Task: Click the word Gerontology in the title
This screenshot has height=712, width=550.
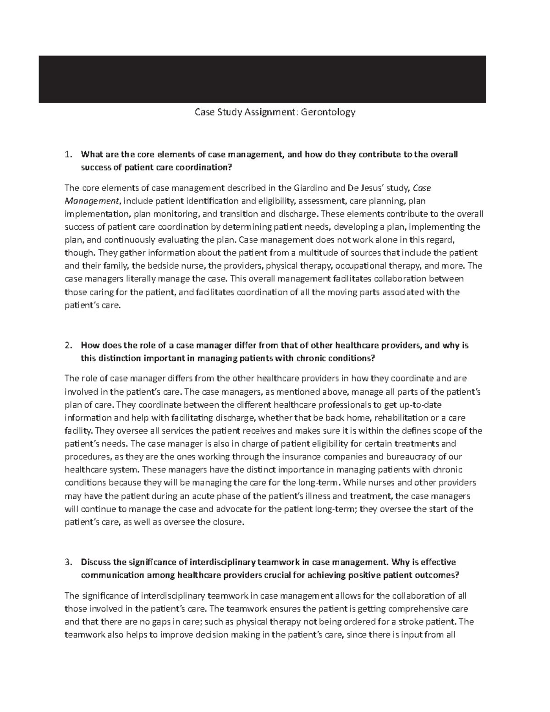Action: point(328,112)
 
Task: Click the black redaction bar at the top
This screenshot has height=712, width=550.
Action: point(262,79)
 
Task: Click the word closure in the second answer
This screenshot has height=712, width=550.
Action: point(225,522)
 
